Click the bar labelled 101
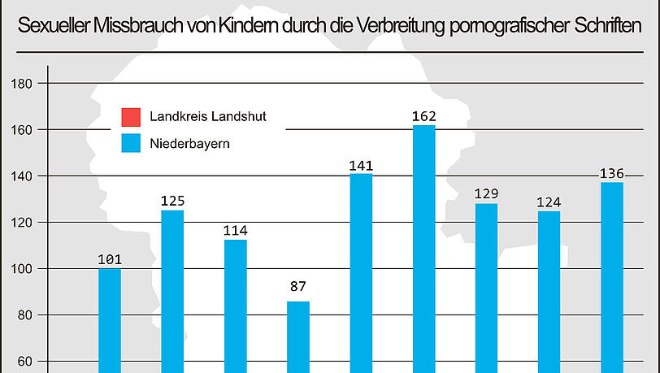pyautogui.click(x=110, y=320)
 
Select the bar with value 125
pyautogui.click(x=172, y=291)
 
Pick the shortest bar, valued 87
pyautogui.click(x=298, y=336)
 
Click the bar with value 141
pyautogui.click(x=361, y=272)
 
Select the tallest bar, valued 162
pyautogui.click(x=424, y=249)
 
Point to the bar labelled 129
pyautogui.click(x=486, y=288)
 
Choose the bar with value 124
pyautogui.click(x=549, y=292)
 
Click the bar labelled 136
pyautogui.click(x=612, y=277)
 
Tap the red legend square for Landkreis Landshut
pyautogui.click(x=131, y=116)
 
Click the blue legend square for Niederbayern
pyautogui.click(x=131, y=144)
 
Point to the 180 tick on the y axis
pyautogui.click(x=23, y=84)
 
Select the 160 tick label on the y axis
pyautogui.click(x=23, y=130)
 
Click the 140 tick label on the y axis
pyautogui.click(x=23, y=176)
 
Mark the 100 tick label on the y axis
pyautogui.click(x=23, y=269)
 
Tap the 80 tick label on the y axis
pyautogui.click(x=25, y=315)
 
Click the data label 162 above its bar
pyautogui.click(x=424, y=117)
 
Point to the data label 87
pyautogui.click(x=298, y=286)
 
